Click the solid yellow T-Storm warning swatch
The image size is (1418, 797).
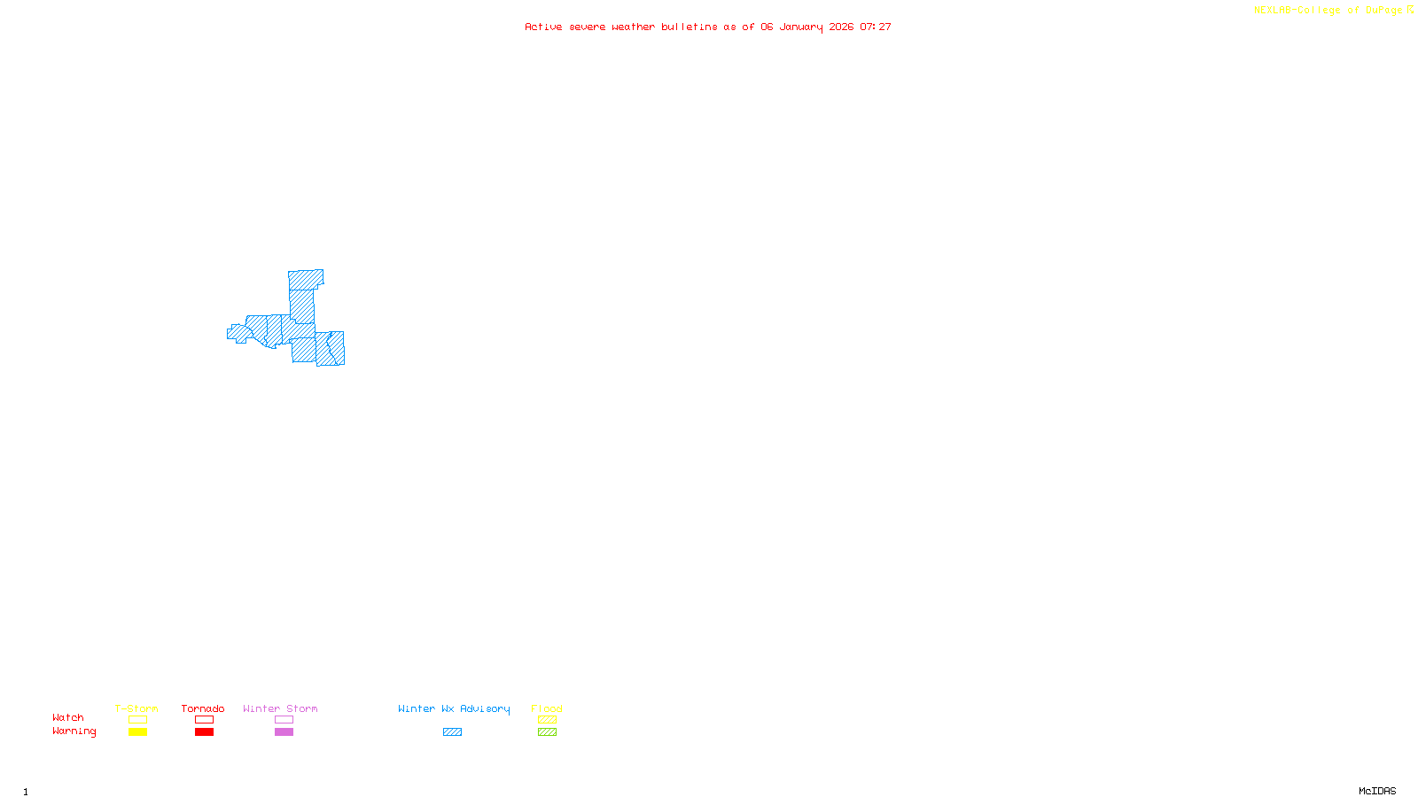[x=137, y=732]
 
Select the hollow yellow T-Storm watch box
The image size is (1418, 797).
[x=137, y=720]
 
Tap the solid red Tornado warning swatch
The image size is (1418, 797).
[x=204, y=732]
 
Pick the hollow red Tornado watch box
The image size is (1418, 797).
[x=204, y=720]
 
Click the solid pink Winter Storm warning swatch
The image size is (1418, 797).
[x=284, y=732]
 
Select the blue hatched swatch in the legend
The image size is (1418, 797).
[x=452, y=732]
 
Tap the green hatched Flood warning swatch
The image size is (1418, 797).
[x=547, y=732]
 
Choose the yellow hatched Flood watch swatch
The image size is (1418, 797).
[x=547, y=720]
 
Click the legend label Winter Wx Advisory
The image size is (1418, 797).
[x=454, y=708]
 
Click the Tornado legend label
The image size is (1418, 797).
[x=203, y=708]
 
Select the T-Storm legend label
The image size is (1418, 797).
[x=136, y=708]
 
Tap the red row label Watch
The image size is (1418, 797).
[x=68, y=717]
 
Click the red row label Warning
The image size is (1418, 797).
[x=74, y=731]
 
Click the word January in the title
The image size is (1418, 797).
[x=801, y=27]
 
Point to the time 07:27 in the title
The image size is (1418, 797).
[x=876, y=27]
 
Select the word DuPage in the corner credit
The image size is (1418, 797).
[x=1383, y=10]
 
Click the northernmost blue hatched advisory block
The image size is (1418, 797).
[x=305, y=280]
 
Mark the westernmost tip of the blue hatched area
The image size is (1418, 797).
[x=229, y=333]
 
